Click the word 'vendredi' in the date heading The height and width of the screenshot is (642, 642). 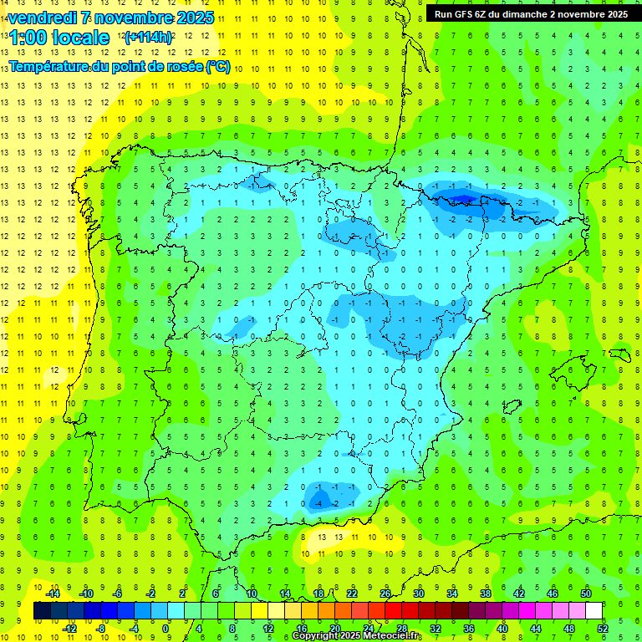(x=41, y=18)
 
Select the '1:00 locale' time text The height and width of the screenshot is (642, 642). (x=59, y=38)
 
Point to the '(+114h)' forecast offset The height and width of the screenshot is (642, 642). (x=147, y=37)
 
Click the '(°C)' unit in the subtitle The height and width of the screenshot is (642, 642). (x=219, y=66)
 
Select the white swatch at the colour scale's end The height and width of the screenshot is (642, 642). (x=594, y=611)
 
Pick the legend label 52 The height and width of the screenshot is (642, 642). (x=603, y=629)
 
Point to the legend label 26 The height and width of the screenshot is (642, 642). (x=385, y=594)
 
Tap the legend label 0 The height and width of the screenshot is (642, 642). (x=166, y=629)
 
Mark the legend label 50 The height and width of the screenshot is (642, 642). (x=586, y=594)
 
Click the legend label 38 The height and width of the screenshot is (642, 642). (x=486, y=594)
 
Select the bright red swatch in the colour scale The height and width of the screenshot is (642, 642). (x=394, y=611)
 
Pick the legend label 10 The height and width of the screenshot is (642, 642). (x=251, y=594)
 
